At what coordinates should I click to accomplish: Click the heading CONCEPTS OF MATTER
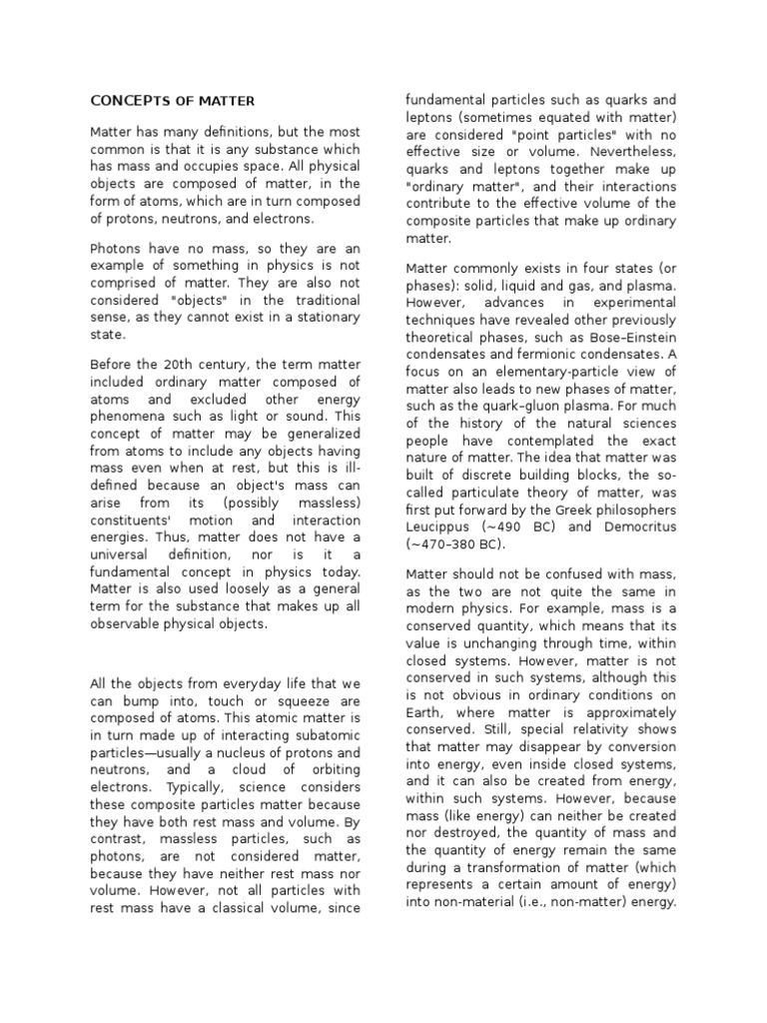click(173, 101)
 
